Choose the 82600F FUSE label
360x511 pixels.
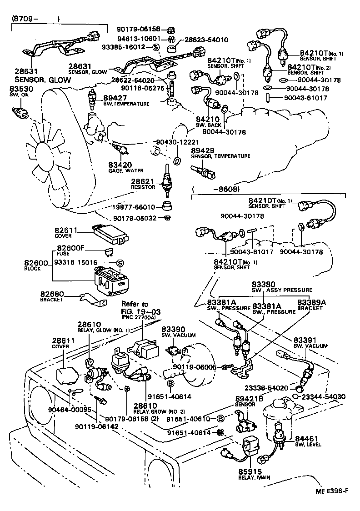click(70, 250)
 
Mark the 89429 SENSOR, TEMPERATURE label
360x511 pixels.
click(220, 153)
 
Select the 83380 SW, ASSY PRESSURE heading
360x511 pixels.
click(282, 286)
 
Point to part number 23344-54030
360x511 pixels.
click(323, 397)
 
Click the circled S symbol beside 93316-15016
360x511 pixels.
click(120, 263)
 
